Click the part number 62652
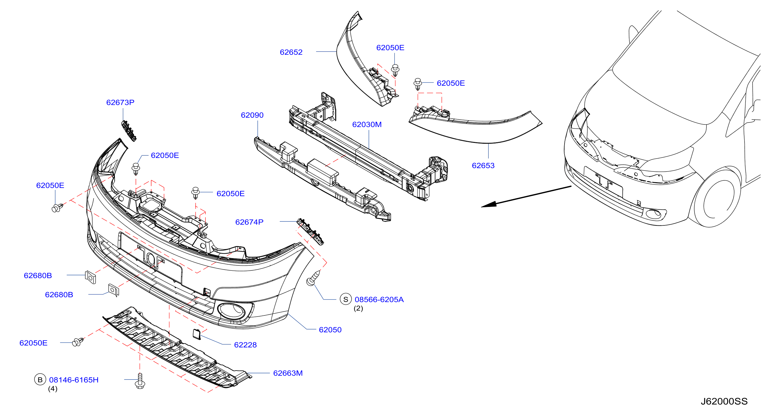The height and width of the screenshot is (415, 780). tap(291, 52)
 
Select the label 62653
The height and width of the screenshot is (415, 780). tap(483, 165)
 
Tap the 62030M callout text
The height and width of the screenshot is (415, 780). tap(367, 124)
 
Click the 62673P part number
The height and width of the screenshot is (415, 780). tap(120, 102)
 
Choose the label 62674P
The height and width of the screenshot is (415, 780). tap(249, 222)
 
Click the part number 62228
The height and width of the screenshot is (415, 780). tap(245, 345)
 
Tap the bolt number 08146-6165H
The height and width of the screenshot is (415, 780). tap(74, 380)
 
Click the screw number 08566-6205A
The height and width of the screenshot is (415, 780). tap(379, 300)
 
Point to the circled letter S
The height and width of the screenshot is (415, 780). tap(345, 299)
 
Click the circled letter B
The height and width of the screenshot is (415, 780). tap(40, 379)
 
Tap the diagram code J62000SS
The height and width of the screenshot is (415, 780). tap(724, 401)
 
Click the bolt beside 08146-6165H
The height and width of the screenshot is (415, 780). tap(140, 381)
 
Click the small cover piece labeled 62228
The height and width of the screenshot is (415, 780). tap(197, 334)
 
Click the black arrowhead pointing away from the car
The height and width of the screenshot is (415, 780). tap(489, 204)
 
